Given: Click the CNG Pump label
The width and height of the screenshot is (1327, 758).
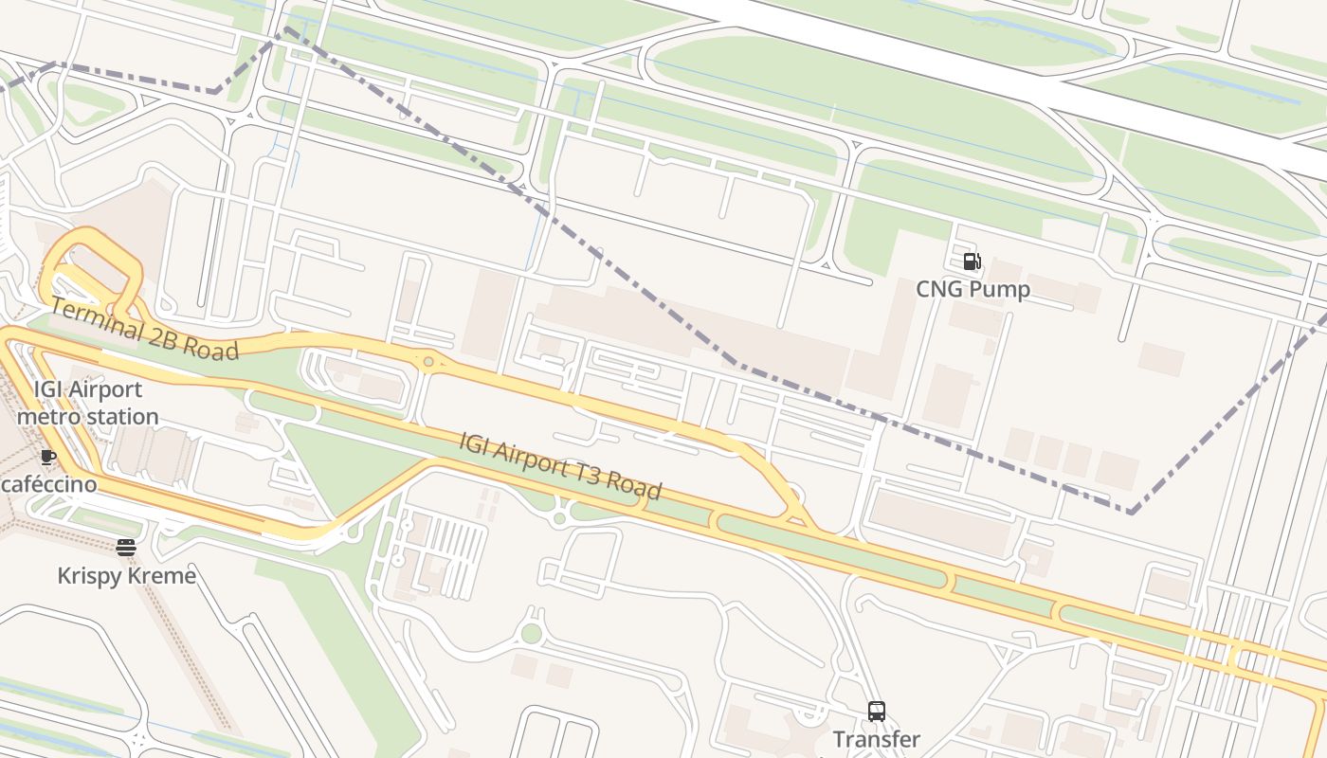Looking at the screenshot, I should (x=973, y=289).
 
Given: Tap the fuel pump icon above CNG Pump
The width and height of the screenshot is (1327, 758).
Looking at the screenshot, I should (x=972, y=262).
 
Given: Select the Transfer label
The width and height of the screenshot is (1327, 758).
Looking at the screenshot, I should (x=876, y=739).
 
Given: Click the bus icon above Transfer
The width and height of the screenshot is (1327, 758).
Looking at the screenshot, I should (x=877, y=711).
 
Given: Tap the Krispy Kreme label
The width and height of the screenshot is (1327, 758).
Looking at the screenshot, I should (x=127, y=576).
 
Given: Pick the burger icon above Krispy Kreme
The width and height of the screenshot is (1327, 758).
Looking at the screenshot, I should (x=126, y=548).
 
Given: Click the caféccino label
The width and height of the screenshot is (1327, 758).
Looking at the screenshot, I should (x=49, y=484).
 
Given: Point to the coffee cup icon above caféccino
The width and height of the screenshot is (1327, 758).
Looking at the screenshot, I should (x=48, y=457).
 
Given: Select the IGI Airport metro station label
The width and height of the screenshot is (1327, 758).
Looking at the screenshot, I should (x=87, y=403).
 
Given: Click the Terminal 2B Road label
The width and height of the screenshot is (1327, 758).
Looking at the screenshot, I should (x=144, y=329).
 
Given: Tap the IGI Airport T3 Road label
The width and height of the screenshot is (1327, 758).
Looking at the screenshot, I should (x=560, y=465).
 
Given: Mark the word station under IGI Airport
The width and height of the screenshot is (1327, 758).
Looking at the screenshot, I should (x=123, y=417).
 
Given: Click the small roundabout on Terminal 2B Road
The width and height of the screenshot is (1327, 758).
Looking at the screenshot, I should (x=429, y=361).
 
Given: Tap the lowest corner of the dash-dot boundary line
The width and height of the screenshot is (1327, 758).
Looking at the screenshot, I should (x=1131, y=512).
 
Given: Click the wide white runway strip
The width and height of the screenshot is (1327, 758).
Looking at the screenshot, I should (x=995, y=76).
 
